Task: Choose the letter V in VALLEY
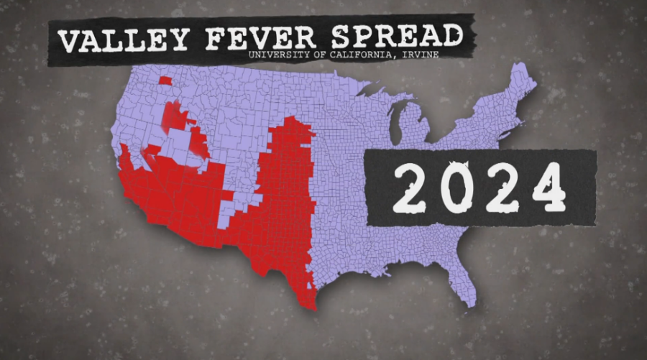coord(68,42)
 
